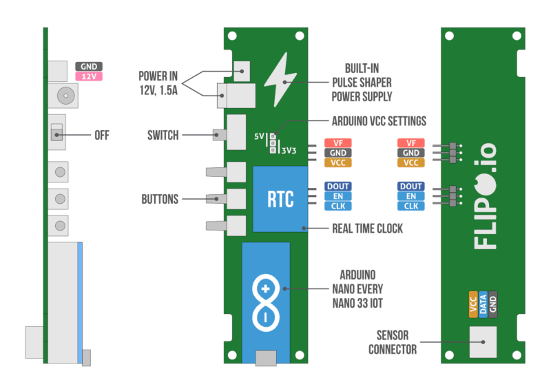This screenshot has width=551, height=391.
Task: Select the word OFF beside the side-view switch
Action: pos(102,135)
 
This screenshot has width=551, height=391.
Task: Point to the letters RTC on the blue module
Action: pos(280,200)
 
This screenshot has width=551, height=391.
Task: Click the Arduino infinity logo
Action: pos(266,300)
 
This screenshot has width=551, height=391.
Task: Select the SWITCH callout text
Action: pos(163,135)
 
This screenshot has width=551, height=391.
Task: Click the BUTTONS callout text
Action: pos(160,200)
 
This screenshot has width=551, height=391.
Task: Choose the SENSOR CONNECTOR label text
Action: pos(392,342)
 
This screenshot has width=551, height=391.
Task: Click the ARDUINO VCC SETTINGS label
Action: pos(379,120)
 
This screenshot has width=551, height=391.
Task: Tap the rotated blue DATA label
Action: pos(483,304)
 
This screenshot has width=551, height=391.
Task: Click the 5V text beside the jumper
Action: pos(260,136)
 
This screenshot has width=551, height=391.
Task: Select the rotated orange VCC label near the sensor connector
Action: pos(473,304)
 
